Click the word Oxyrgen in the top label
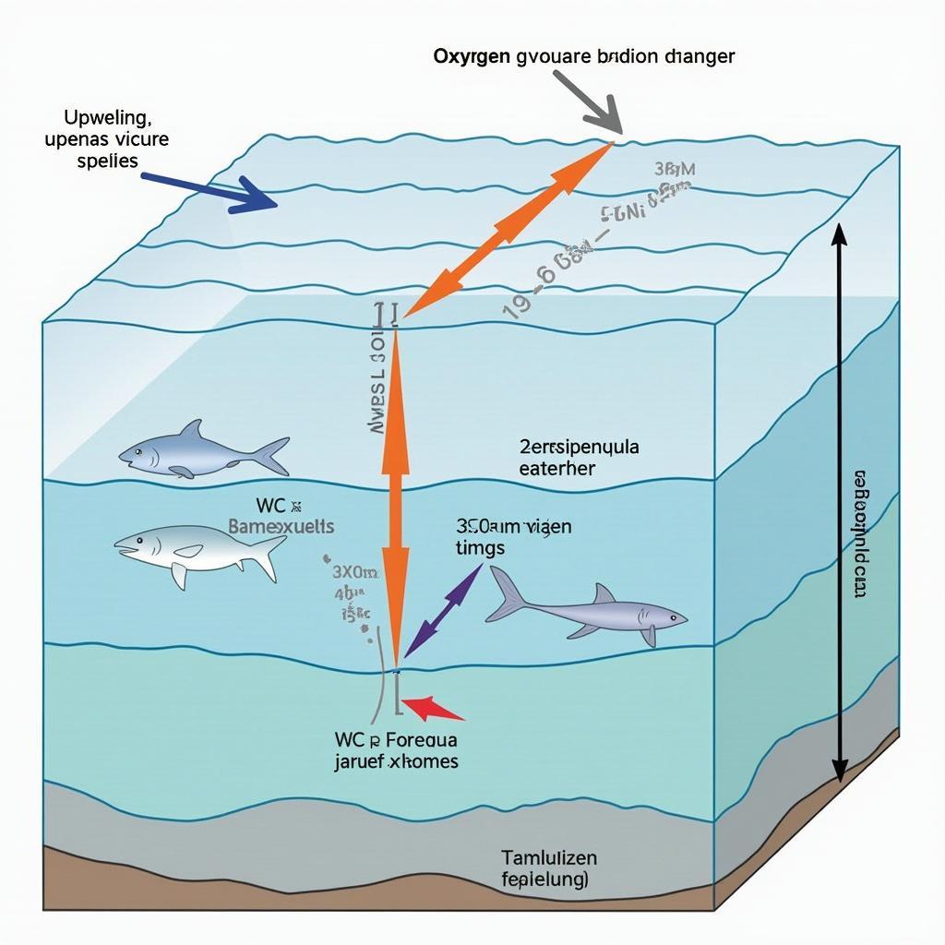tap(472, 56)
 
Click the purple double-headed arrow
tap(444, 610)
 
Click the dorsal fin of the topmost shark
tap(191, 431)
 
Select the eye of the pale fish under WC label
tap(138, 542)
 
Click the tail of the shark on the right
tap(507, 594)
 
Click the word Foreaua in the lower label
tap(421, 739)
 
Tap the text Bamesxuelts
tap(281, 526)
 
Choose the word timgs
tap(480, 546)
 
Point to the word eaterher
tap(558, 468)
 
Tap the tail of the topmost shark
tap(271, 455)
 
